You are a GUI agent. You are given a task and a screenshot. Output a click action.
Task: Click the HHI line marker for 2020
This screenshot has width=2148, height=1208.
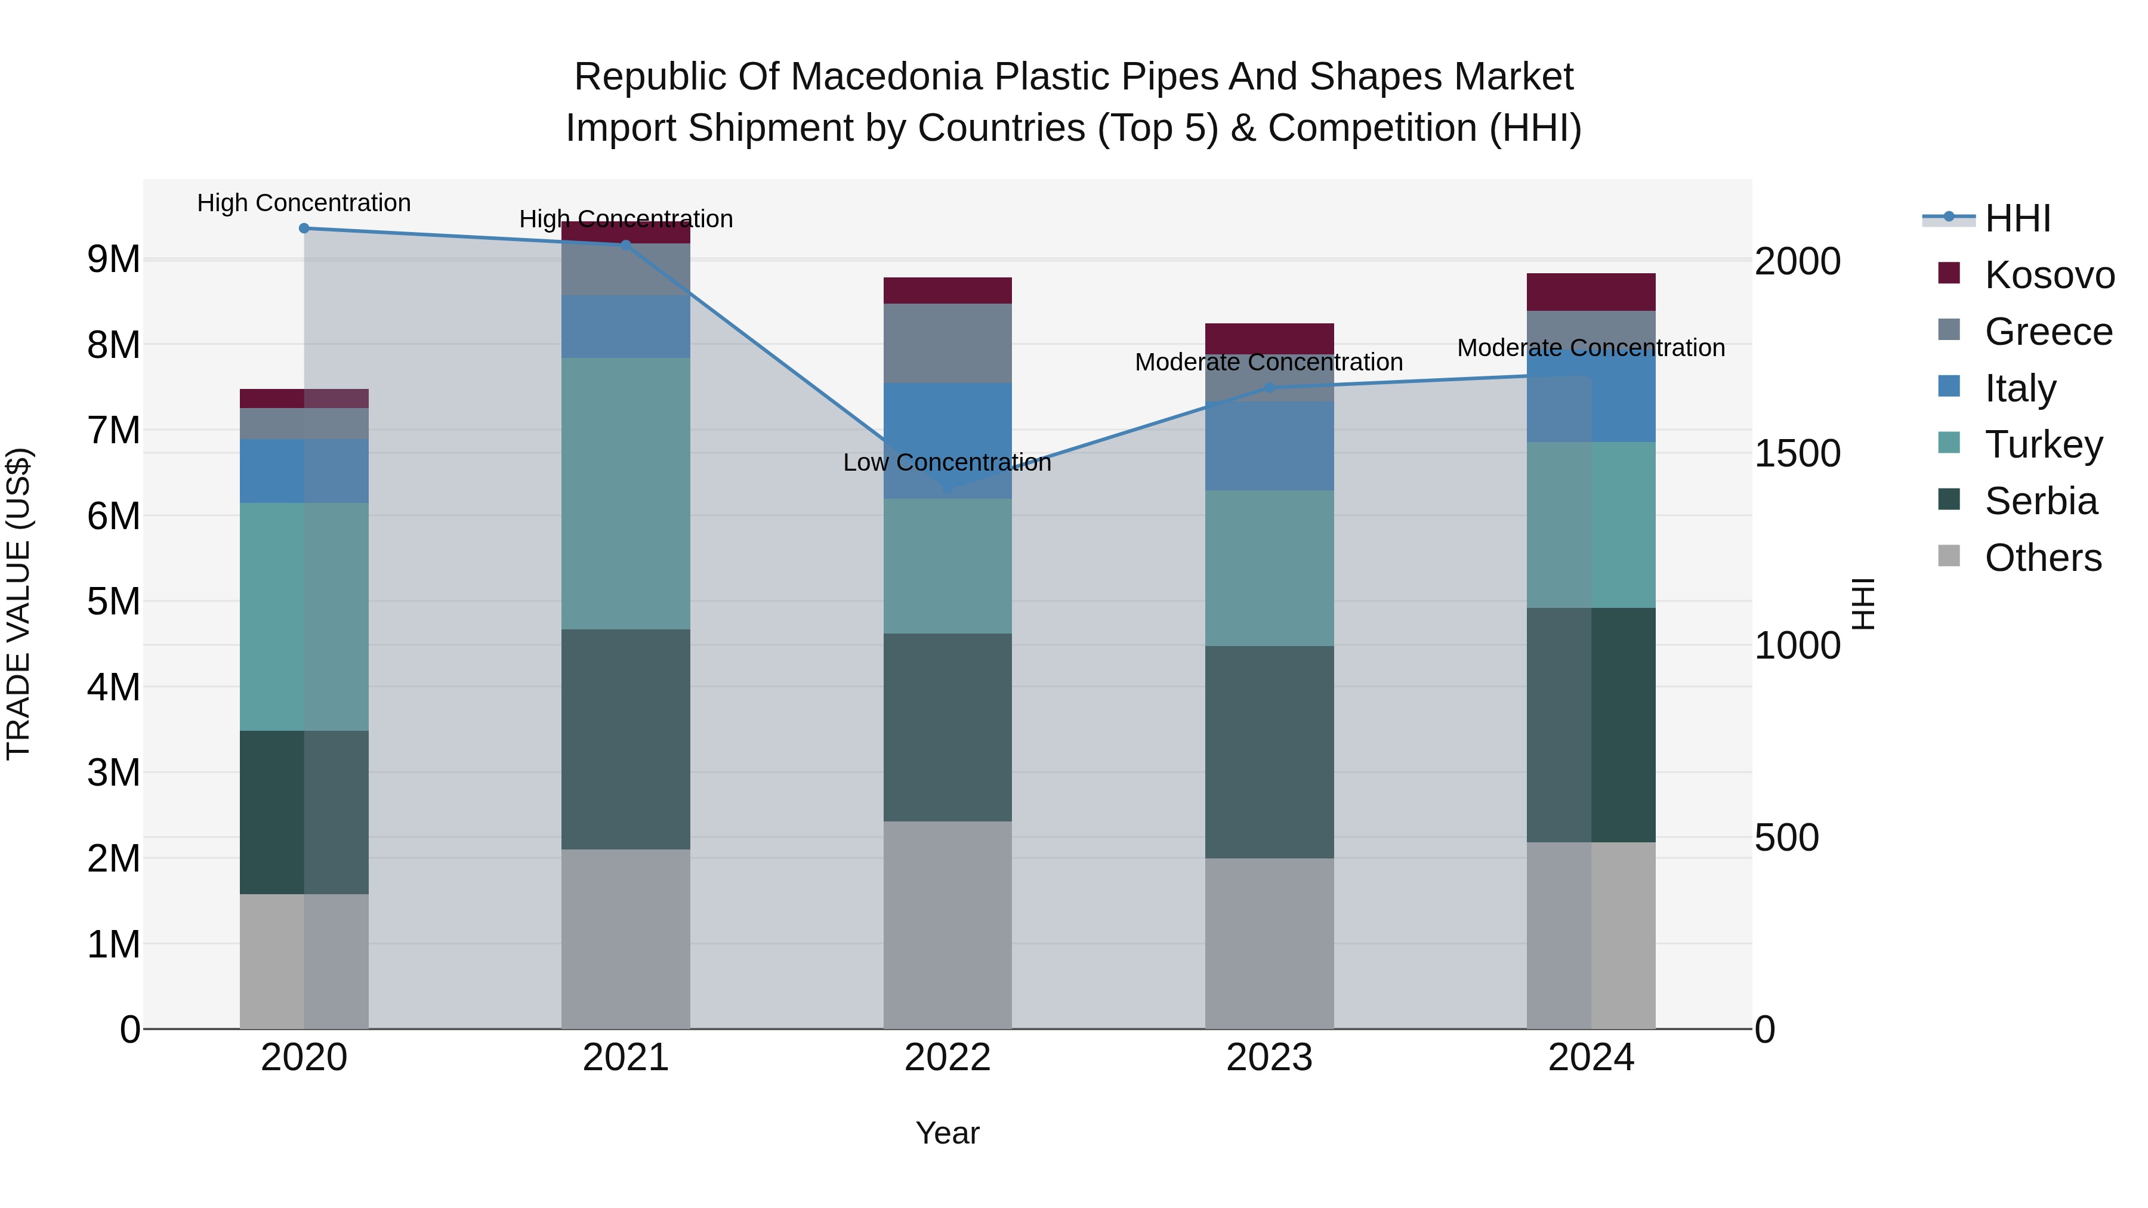click(304, 228)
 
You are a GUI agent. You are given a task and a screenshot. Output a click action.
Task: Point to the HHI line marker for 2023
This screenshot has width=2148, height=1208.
click(1269, 388)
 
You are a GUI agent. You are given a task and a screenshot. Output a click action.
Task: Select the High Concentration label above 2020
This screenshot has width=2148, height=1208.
click(304, 203)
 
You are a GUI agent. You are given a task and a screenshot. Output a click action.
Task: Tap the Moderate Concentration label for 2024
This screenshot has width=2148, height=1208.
click(1590, 348)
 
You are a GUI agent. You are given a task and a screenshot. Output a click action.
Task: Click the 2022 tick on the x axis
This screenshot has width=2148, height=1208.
click(948, 1058)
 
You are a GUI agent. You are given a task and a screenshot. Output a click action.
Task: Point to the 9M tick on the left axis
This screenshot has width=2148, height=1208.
click(113, 259)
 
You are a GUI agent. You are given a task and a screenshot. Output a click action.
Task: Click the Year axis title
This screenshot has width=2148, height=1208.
click(948, 1133)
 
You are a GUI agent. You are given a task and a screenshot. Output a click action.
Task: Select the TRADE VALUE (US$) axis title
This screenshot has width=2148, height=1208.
click(18, 604)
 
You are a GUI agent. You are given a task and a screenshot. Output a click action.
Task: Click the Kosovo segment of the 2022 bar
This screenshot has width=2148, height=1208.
click(948, 290)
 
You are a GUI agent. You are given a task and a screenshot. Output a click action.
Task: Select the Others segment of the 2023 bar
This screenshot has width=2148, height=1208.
click(1269, 943)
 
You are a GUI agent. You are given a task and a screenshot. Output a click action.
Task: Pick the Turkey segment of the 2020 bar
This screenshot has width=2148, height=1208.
click(304, 616)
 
